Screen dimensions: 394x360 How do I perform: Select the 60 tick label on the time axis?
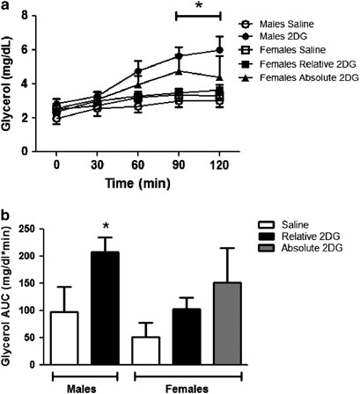[137, 164]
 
